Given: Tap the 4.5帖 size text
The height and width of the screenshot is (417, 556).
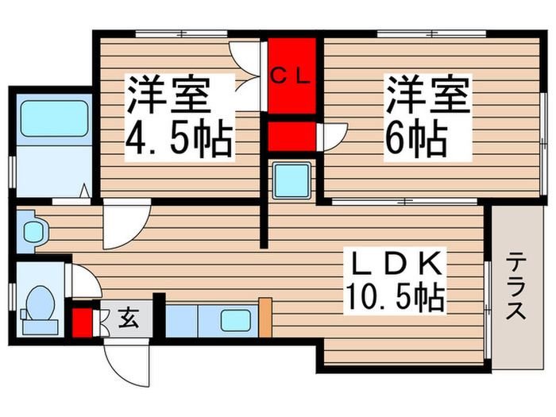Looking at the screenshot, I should click(178, 141).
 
